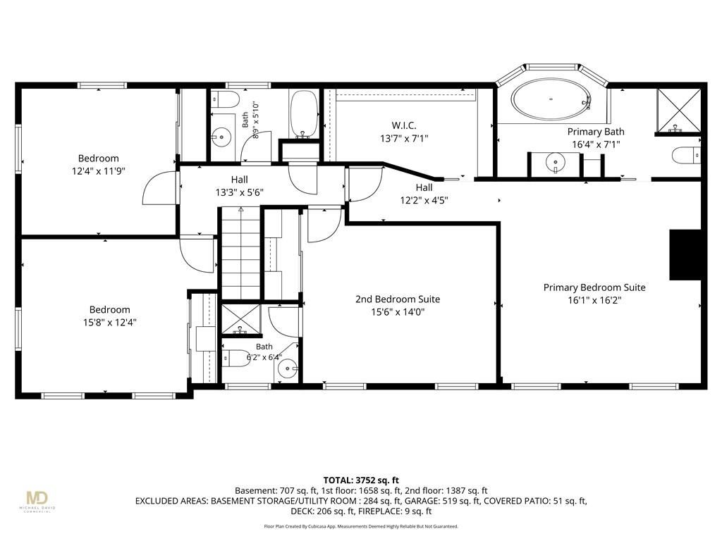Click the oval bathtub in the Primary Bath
pos(551,99)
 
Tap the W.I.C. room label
pos(404,125)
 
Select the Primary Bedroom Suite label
pos(594,287)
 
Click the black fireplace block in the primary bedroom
pos(685,254)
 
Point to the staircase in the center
pos(241,254)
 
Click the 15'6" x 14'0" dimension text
pos(398,312)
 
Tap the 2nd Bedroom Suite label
pos(398,299)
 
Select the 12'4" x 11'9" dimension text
pos(99,171)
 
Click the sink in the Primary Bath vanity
pos(556,163)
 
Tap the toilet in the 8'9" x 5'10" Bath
pos(225,99)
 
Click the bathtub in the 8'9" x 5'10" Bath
pos(304,113)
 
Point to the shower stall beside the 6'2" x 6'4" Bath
pos(241,319)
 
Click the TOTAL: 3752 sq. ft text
pos(361,480)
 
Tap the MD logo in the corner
pos(37,498)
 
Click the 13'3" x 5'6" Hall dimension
pos(240,192)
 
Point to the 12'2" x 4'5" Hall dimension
pos(424,200)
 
